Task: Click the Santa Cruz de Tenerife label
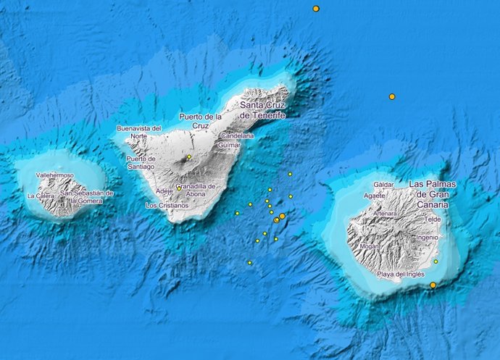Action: pyautogui.click(x=262, y=111)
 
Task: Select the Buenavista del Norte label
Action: pyautogui.click(x=138, y=132)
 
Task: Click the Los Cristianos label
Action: pyautogui.click(x=167, y=205)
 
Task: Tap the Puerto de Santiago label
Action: pyautogui.click(x=141, y=162)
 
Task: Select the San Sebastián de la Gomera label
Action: pyautogui.click(x=87, y=197)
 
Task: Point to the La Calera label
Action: pyautogui.click(x=40, y=196)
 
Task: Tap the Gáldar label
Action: pyautogui.click(x=383, y=185)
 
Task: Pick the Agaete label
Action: pyautogui.click(x=374, y=196)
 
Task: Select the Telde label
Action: pyautogui.click(x=433, y=219)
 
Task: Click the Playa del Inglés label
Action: pyautogui.click(x=401, y=275)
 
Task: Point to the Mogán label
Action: pyautogui.click(x=369, y=246)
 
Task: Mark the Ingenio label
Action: pyautogui.click(x=427, y=237)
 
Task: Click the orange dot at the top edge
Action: pyautogui.click(x=316, y=9)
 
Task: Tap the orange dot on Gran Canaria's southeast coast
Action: pyautogui.click(x=433, y=285)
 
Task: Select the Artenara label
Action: pyautogui.click(x=384, y=214)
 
